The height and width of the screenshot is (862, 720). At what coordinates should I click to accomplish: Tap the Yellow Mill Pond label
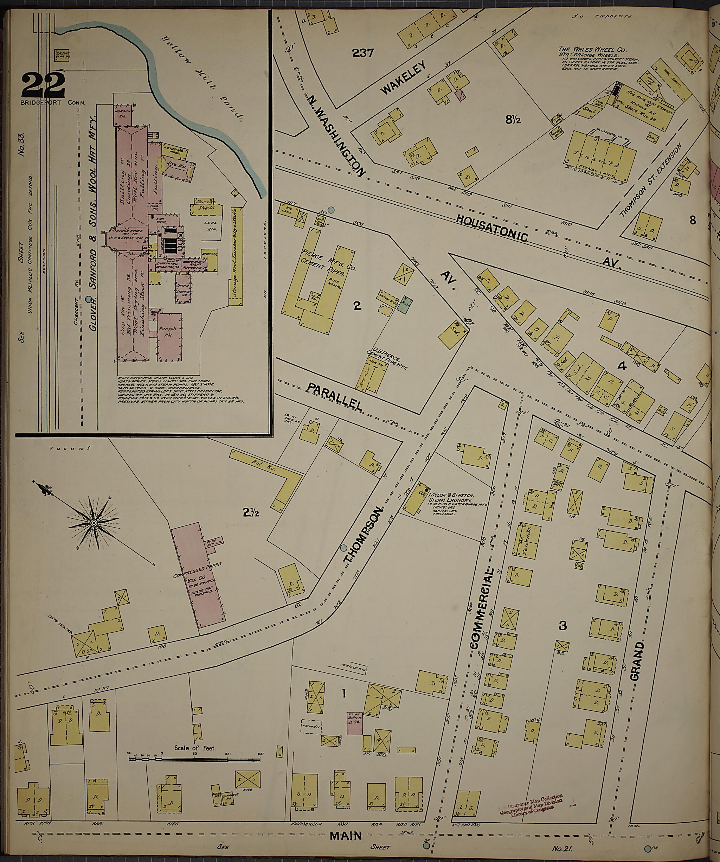(202, 79)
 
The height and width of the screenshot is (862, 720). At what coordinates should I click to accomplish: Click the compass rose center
(94, 523)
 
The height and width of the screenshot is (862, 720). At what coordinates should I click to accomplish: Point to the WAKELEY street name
(404, 78)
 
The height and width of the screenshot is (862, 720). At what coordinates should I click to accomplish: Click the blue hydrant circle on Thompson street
(344, 548)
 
